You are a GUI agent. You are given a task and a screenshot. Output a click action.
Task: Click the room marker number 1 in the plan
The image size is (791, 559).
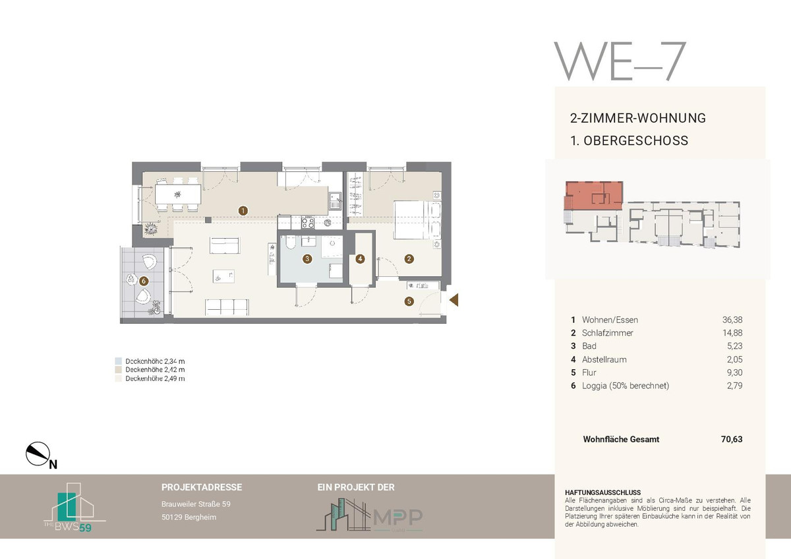[x=243, y=211]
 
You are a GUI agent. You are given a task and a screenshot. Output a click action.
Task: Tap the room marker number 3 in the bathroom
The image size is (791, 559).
[x=307, y=259]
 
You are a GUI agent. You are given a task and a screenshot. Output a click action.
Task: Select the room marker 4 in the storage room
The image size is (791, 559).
[x=360, y=259]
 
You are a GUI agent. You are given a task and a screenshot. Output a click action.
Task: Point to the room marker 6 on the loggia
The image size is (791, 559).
[x=144, y=281]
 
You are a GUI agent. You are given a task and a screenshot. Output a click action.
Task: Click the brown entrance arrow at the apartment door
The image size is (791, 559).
[x=454, y=300]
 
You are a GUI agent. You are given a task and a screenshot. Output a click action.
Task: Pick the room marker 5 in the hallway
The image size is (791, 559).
[x=409, y=301]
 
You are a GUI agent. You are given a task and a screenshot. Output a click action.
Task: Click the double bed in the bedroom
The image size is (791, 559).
[x=417, y=220]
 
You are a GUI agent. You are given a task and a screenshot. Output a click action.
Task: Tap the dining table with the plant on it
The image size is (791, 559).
[x=178, y=194]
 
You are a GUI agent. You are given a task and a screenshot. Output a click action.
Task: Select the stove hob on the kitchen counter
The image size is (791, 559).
[x=308, y=223]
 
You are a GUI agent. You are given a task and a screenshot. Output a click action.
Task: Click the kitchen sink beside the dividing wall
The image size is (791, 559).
[x=334, y=201]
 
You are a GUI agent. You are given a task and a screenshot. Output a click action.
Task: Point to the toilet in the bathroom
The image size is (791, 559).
[x=290, y=242]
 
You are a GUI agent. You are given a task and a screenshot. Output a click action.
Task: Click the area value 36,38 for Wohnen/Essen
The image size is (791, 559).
[x=732, y=320]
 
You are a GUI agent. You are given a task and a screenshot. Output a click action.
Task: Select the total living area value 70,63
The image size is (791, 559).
[x=732, y=439]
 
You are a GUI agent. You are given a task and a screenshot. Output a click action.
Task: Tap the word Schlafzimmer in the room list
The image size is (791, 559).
[x=607, y=333]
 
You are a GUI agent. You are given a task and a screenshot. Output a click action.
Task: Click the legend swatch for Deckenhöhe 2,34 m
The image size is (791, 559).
[x=118, y=361]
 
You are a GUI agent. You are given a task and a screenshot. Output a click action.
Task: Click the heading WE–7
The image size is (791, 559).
[x=620, y=61]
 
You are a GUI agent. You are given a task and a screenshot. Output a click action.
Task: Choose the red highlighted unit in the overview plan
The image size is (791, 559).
[x=594, y=195]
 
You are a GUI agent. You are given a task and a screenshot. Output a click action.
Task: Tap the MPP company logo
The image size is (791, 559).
[x=369, y=515]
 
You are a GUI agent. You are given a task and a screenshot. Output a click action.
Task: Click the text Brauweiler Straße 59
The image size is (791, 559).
[x=196, y=504]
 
